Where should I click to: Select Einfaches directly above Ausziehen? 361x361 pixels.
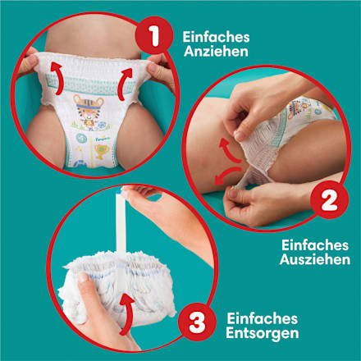tap(315, 244)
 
